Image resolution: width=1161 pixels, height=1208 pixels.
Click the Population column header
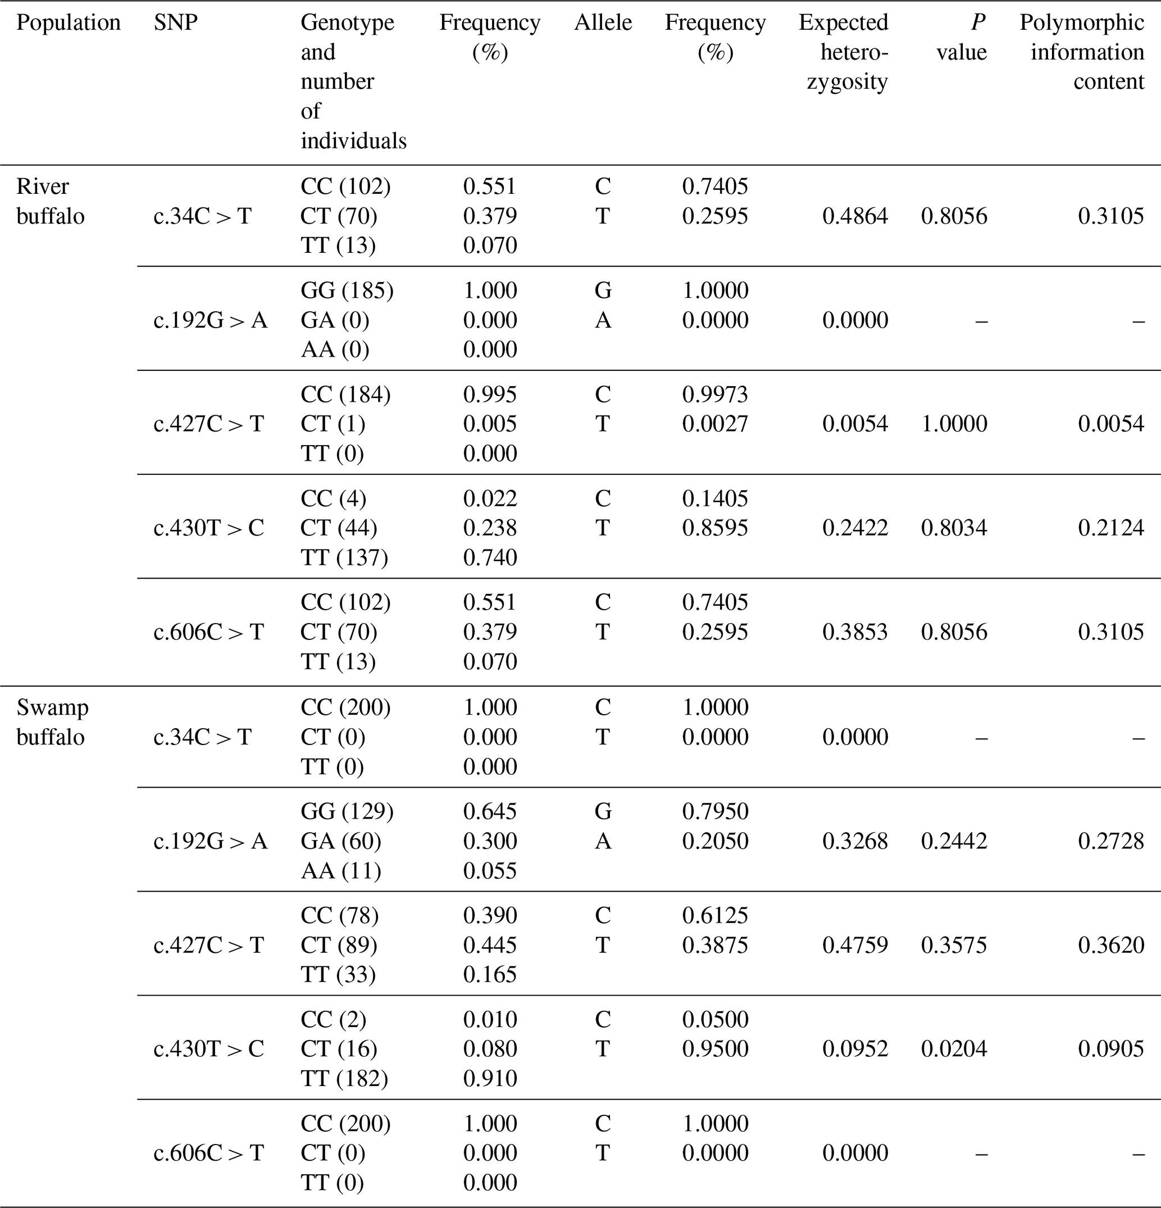pos(69,23)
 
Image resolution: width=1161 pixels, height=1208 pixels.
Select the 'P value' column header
pos(962,38)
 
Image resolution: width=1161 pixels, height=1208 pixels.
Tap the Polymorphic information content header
pos(1081,52)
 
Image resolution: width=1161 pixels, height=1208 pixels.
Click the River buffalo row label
pos(51,201)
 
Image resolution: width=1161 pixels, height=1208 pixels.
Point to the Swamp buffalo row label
pos(52,722)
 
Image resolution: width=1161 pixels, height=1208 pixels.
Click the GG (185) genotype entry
pos(347,290)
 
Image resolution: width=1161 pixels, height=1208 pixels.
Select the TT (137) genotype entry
pos(344,558)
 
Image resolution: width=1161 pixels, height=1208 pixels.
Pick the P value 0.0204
pos(954,1048)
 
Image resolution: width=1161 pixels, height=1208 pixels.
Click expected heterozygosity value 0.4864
pos(855,216)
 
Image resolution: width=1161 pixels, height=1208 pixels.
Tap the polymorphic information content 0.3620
pos(1110,945)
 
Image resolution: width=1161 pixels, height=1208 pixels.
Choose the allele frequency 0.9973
pos(715,394)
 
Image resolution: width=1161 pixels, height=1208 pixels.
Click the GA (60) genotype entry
pos(341,841)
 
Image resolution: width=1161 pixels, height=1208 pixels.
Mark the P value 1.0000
pos(954,424)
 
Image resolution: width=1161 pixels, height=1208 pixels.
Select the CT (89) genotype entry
pos(339,945)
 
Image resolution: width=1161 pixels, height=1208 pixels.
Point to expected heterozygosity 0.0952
pos(855,1048)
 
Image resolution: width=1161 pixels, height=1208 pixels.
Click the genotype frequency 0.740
pos(490,558)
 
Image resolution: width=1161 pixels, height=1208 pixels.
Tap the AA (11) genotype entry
pos(341,871)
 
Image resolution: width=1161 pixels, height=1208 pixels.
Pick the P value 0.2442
pos(954,841)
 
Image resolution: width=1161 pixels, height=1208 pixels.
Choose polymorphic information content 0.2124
pos(1110,528)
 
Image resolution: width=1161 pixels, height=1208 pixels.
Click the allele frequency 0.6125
pos(715,915)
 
